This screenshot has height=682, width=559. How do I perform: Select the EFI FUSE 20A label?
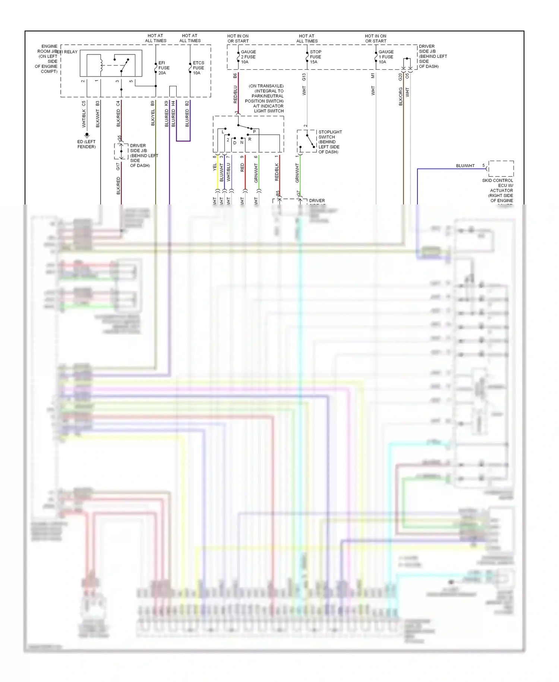tap(164, 68)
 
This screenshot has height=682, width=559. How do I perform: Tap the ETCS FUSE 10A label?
tap(198, 68)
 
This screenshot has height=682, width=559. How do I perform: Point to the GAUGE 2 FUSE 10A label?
tap(248, 57)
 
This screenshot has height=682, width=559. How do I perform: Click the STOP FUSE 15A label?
tap(315, 57)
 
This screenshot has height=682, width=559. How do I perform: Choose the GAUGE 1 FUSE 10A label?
tap(386, 57)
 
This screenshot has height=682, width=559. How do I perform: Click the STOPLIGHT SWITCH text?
tap(330, 134)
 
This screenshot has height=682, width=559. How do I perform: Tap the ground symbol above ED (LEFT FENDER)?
tap(87, 135)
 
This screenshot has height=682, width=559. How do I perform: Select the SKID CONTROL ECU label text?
tap(498, 183)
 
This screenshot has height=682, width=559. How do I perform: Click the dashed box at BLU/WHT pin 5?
tap(501, 169)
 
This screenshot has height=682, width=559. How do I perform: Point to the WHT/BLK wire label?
tap(84, 118)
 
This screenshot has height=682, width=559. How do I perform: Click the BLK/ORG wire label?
tap(401, 97)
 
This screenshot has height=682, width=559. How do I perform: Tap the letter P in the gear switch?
tap(254, 132)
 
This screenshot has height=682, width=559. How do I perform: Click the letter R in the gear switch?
tap(250, 139)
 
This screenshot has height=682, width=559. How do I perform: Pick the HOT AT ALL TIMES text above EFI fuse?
tap(155, 38)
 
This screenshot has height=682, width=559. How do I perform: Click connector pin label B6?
tap(235, 76)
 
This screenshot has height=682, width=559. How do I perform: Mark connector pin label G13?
tap(304, 77)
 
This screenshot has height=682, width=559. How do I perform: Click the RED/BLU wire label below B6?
tap(235, 94)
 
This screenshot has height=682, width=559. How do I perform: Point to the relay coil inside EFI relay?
tap(101, 65)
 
